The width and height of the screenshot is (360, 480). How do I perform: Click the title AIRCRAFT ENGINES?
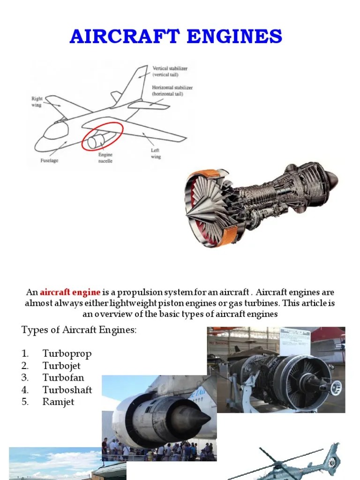click(x=176, y=36)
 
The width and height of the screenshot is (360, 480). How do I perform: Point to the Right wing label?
click(x=37, y=102)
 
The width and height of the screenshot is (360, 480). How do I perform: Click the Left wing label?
click(x=156, y=154)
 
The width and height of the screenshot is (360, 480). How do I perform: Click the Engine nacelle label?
click(x=105, y=158)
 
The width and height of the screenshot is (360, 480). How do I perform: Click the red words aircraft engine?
click(x=70, y=292)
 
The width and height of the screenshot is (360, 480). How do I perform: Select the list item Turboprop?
click(x=67, y=353)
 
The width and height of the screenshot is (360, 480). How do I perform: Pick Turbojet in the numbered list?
click(x=64, y=366)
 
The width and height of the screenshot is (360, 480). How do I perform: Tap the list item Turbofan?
click(x=64, y=378)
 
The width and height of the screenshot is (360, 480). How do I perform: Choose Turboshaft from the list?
click(x=67, y=390)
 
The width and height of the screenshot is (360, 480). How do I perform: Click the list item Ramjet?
click(x=59, y=402)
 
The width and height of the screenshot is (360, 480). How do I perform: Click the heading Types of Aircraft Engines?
click(x=79, y=330)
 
